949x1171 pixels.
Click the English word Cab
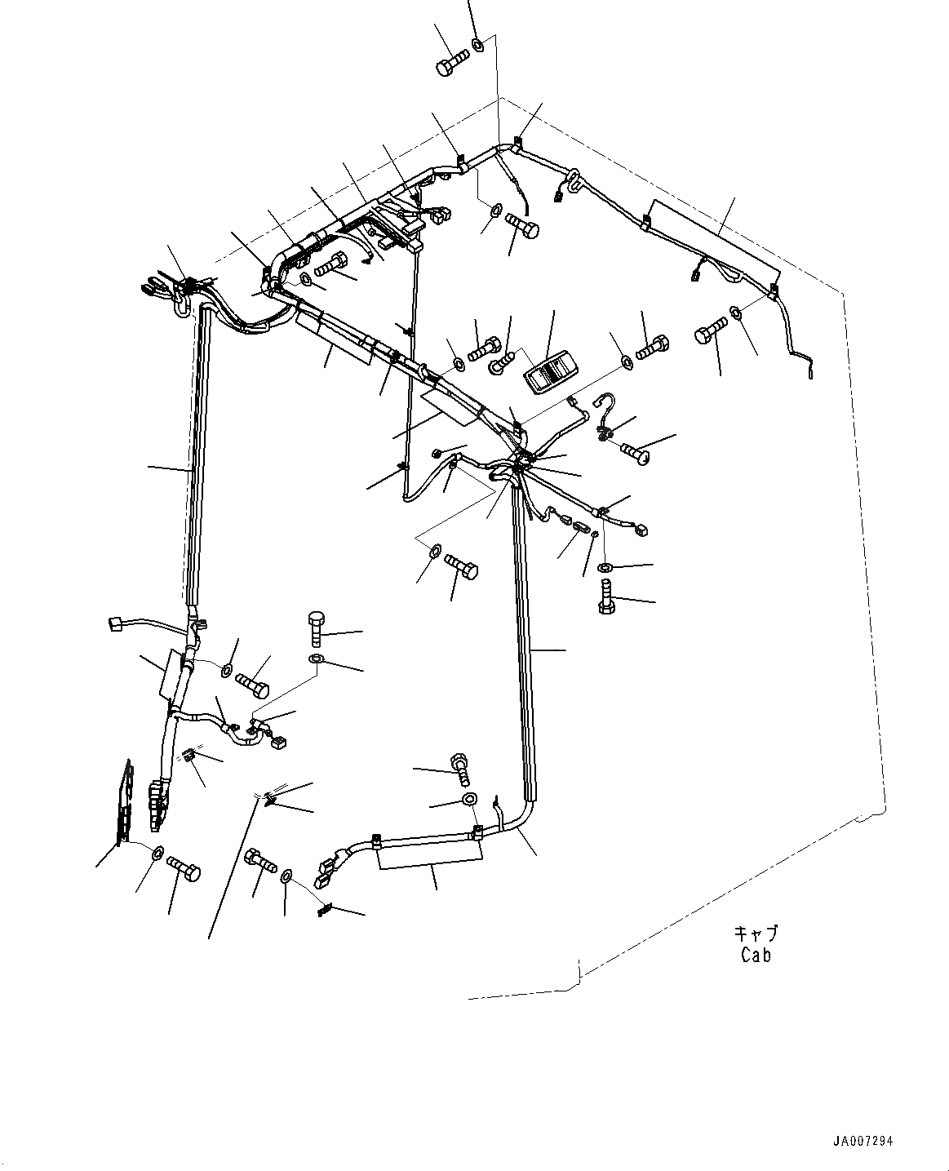coord(756,954)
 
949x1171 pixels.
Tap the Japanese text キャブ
coord(756,933)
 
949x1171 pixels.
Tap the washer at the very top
coord(480,45)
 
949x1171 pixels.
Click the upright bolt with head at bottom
coord(606,598)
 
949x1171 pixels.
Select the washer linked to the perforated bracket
coord(155,853)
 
